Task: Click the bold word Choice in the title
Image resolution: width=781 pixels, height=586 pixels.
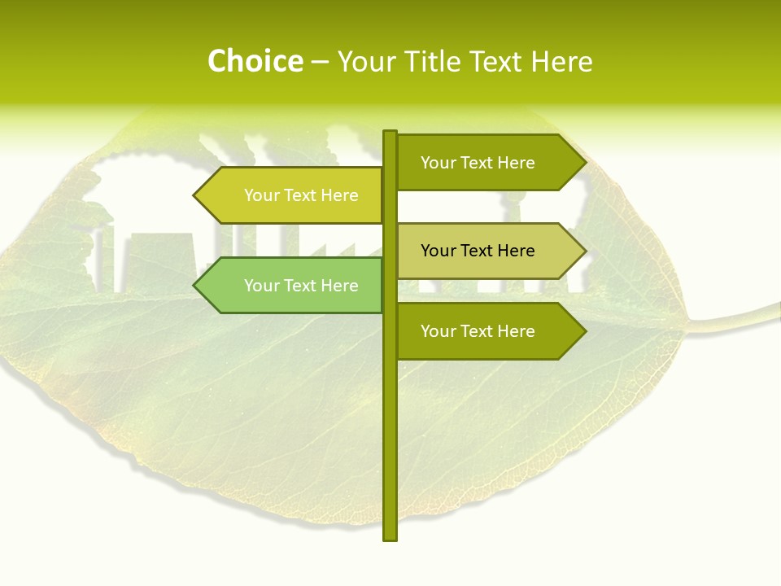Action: pyautogui.click(x=255, y=61)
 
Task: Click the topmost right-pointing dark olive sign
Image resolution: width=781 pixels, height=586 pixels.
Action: pyautogui.click(x=488, y=163)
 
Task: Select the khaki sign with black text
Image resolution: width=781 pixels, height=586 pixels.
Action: pyautogui.click(x=488, y=251)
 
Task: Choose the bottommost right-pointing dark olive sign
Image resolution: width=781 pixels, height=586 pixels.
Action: pyautogui.click(x=488, y=331)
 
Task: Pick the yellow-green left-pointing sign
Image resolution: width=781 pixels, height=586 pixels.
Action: pyautogui.click(x=293, y=195)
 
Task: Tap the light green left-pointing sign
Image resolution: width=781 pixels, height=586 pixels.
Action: pyautogui.click(x=293, y=286)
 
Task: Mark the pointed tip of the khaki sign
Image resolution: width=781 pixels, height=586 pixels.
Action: pyautogui.click(x=584, y=251)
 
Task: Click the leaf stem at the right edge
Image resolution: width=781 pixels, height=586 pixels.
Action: pyautogui.click(x=757, y=313)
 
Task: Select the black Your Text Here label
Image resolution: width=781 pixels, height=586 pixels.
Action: pyautogui.click(x=478, y=251)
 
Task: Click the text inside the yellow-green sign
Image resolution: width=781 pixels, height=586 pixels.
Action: pyautogui.click(x=301, y=195)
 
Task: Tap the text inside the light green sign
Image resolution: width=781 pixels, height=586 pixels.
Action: pyautogui.click(x=301, y=286)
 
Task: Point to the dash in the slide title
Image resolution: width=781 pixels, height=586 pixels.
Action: pyautogui.click(x=320, y=62)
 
